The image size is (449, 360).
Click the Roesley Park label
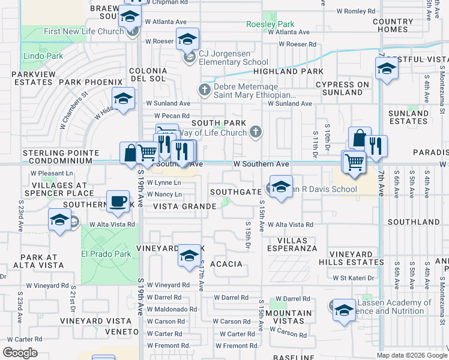(270, 24)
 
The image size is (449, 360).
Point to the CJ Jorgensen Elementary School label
(234, 62)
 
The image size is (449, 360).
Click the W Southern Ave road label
(261, 164)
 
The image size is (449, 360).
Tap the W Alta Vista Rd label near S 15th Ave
(291, 224)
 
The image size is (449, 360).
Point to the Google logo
(20, 353)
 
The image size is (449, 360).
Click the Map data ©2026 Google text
(412, 355)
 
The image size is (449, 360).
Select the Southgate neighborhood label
(235, 192)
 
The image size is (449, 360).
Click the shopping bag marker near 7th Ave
(359, 138)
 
